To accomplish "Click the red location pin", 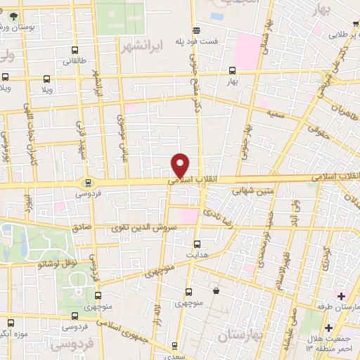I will pyautogui.click(x=181, y=165).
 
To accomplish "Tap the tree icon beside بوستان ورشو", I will pyautogui.click(x=14, y=14).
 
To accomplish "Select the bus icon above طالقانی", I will pyautogui.click(x=75, y=50).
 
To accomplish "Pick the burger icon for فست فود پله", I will pyautogui.click(x=197, y=30).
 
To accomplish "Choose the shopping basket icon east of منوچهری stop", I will pyautogui.click(x=215, y=289).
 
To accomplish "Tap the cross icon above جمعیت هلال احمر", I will pyautogui.click(x=328, y=328).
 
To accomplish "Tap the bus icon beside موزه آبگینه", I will pyautogui.click(x=8, y=323).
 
